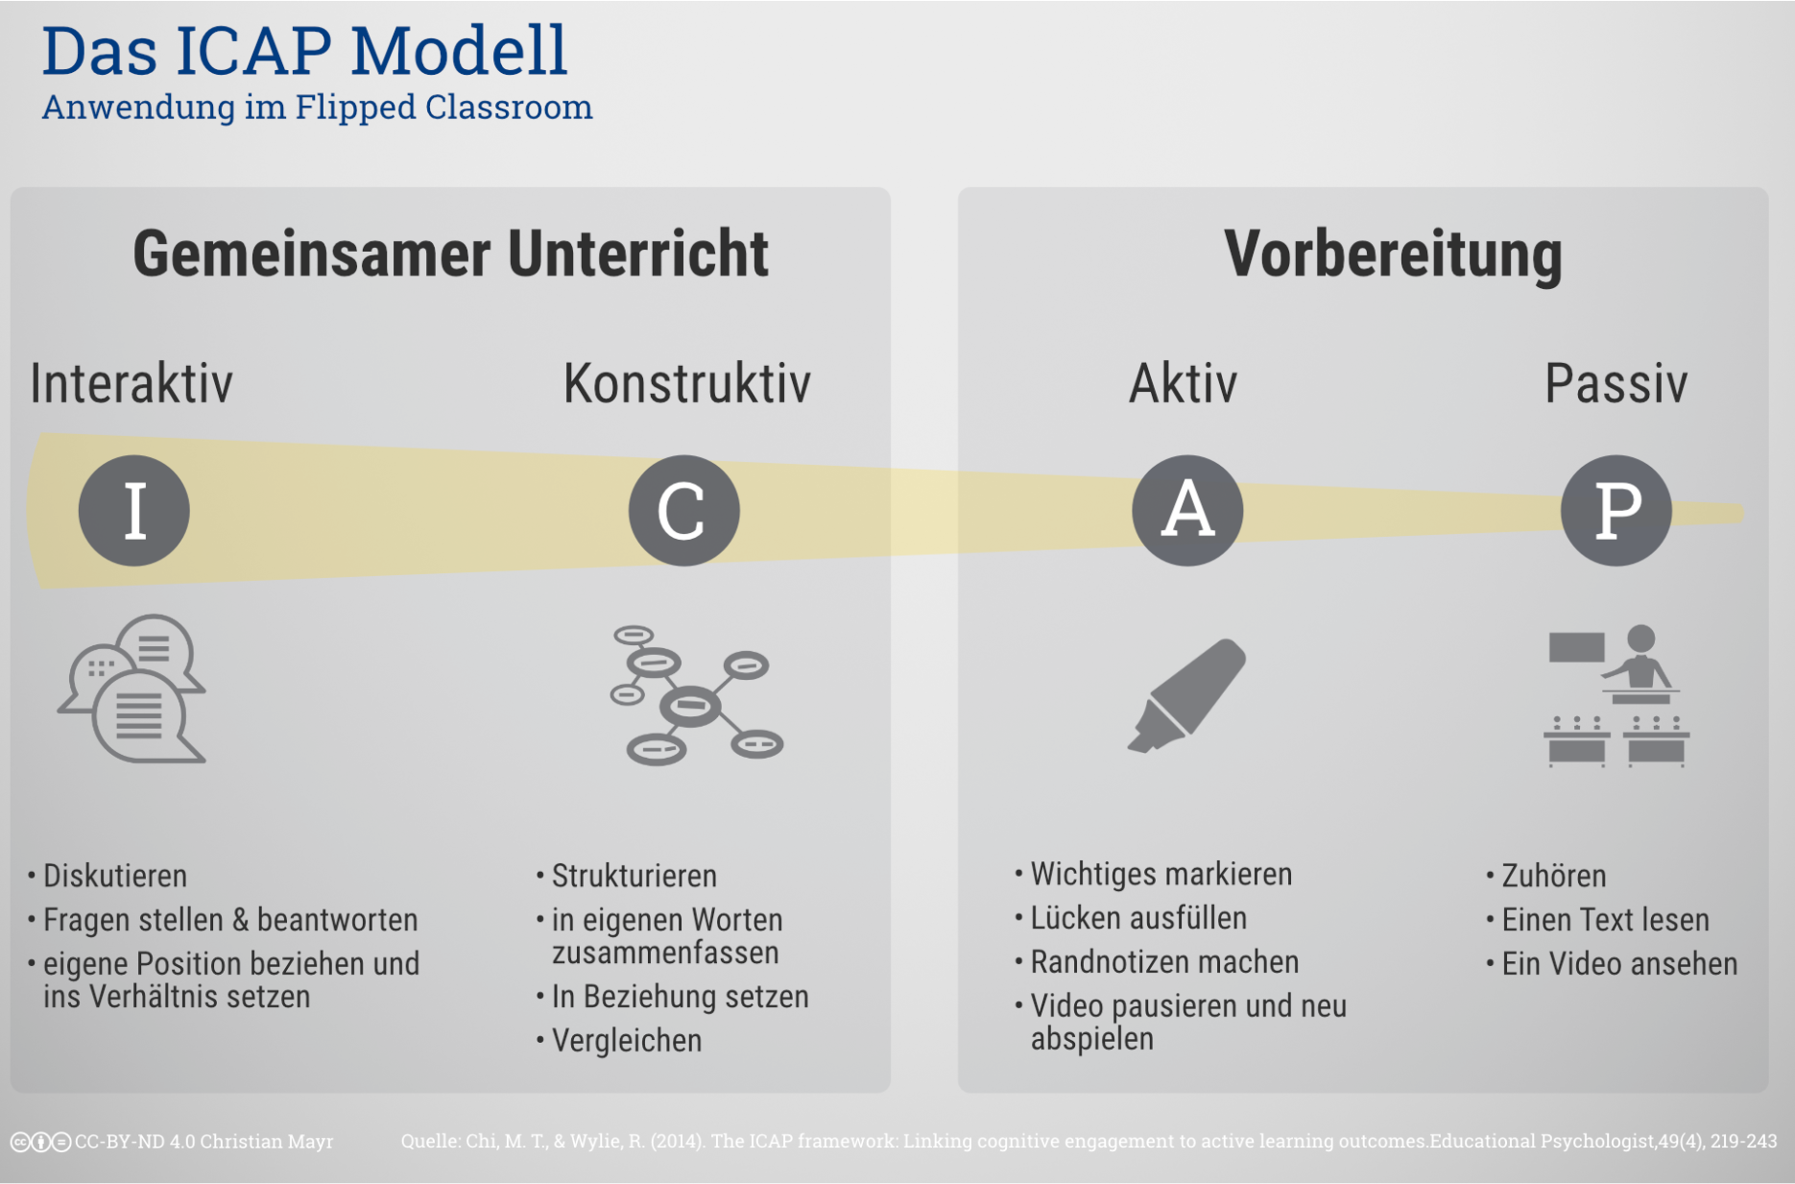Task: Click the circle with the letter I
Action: tap(134, 510)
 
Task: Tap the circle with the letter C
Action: tap(684, 510)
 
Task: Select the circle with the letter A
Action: tap(1187, 510)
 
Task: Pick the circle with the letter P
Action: tap(1616, 510)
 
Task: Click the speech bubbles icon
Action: tap(132, 689)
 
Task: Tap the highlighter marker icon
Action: tap(1187, 695)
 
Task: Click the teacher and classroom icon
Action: tap(1616, 695)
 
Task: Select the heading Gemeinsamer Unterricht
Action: tap(450, 254)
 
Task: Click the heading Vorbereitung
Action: tap(1393, 255)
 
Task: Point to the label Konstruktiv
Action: tap(687, 383)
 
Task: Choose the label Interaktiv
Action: tap(132, 383)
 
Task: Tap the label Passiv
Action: tap(1616, 383)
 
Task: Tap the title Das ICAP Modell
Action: tap(305, 50)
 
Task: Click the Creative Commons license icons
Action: tap(40, 1142)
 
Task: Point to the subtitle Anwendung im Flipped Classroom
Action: tap(318, 107)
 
